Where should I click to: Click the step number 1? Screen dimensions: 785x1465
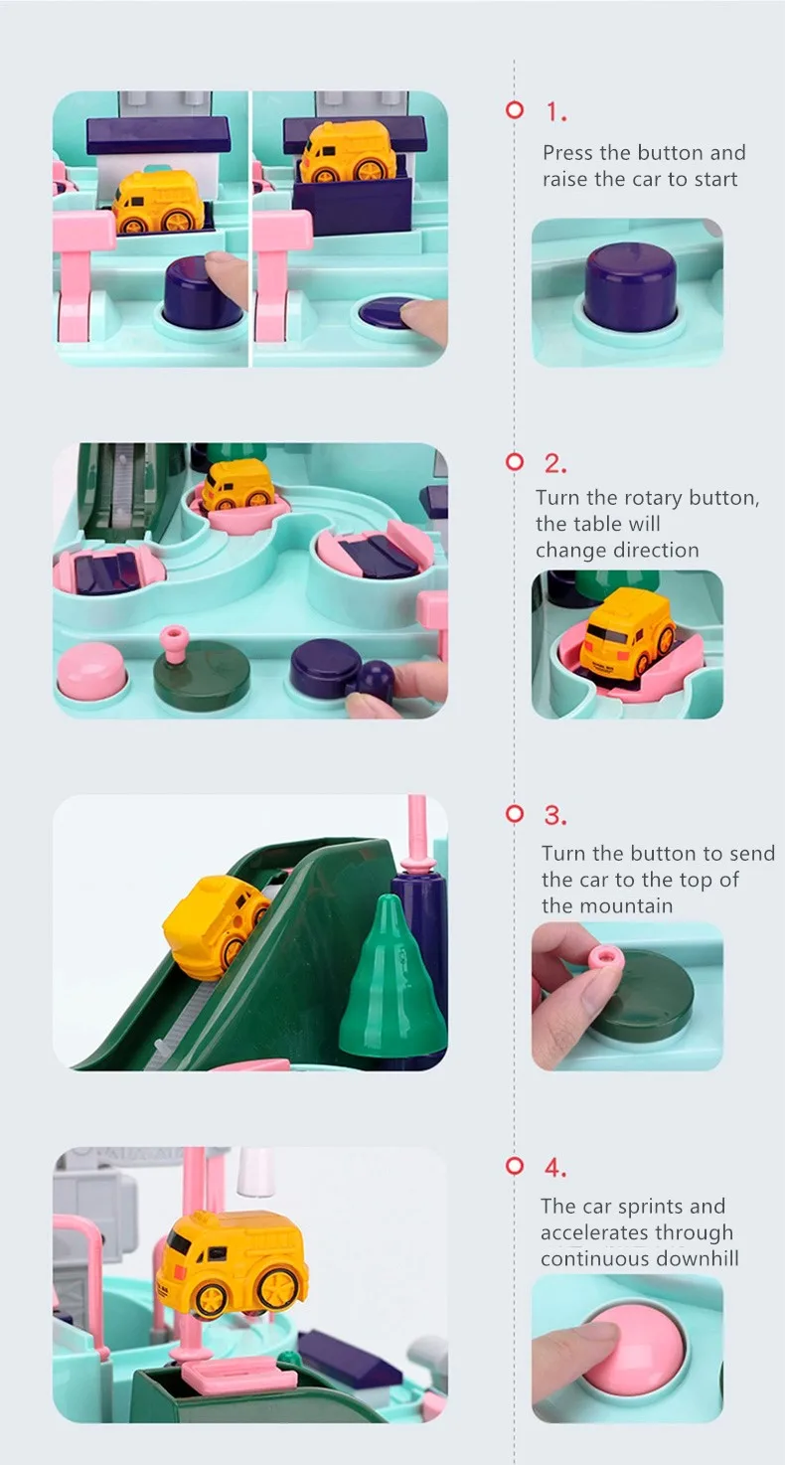click(555, 112)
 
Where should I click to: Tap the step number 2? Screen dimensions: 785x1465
click(555, 463)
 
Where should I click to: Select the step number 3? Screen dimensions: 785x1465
click(555, 815)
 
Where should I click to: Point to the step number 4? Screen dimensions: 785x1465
click(555, 1167)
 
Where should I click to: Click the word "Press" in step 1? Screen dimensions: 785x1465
click(568, 152)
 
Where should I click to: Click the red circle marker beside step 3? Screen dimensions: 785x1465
click(515, 814)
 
